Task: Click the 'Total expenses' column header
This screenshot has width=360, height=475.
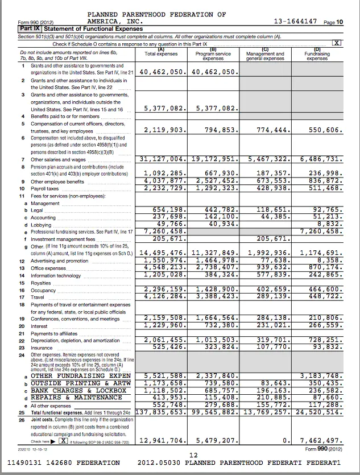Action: click(x=162, y=54)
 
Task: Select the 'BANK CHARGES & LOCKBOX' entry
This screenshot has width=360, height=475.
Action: click(x=78, y=391)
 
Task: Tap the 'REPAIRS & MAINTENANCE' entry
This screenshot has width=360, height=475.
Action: click(x=78, y=398)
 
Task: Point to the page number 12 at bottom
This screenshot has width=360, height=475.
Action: click(x=193, y=455)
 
